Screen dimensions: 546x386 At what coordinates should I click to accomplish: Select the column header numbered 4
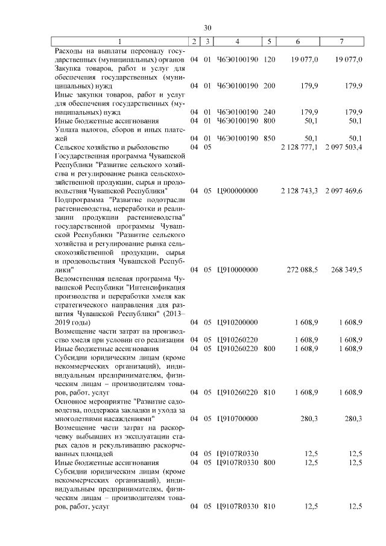[238, 42]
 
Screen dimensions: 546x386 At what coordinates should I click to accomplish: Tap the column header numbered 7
[343, 42]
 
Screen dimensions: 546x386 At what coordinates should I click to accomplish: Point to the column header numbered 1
[119, 42]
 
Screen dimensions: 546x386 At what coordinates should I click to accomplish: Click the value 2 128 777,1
[299, 147]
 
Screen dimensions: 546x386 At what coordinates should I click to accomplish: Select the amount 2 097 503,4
[343, 147]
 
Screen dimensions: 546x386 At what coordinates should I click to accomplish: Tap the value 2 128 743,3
[299, 191]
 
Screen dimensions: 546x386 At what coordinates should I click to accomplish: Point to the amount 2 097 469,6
[343, 191]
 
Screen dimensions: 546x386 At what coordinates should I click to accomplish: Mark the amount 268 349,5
[346, 269]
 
